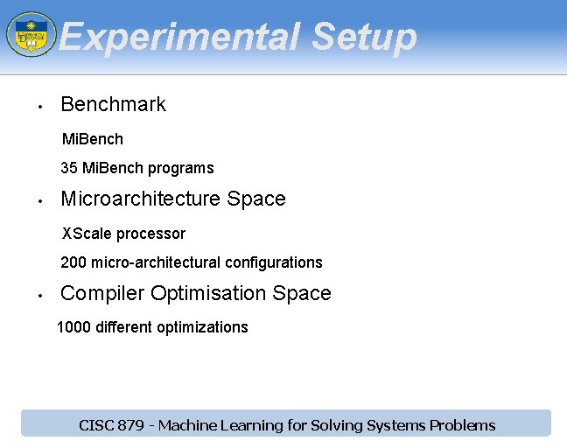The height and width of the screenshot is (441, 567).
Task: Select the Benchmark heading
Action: pyautogui.click(x=113, y=104)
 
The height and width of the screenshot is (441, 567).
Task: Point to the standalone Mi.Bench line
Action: pyautogui.click(x=92, y=139)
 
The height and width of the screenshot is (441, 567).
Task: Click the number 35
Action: pyautogui.click(x=69, y=168)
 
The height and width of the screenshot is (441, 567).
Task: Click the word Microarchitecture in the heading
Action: pyautogui.click(x=141, y=199)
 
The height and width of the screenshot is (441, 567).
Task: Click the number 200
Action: pyautogui.click(x=73, y=262)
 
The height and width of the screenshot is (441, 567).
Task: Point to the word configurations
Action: pyautogui.click(x=273, y=262)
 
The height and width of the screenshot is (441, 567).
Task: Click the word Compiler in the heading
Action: pyautogui.click(x=102, y=293)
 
